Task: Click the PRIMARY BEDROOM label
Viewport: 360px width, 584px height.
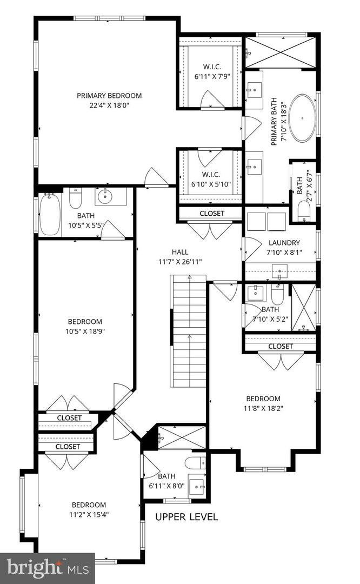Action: (x=109, y=96)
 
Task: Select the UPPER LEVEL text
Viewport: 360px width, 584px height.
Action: (x=186, y=517)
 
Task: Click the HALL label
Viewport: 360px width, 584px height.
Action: (x=180, y=251)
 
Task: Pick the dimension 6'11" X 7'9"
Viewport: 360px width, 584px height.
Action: (x=211, y=76)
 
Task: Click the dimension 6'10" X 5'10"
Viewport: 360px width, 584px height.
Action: (x=211, y=184)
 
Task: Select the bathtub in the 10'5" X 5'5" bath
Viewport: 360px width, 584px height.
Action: (x=49, y=215)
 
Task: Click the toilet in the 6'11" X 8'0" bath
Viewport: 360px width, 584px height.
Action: (x=195, y=463)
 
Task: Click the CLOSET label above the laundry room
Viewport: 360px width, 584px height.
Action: (x=211, y=214)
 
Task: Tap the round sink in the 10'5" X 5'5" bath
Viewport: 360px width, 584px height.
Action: (x=104, y=197)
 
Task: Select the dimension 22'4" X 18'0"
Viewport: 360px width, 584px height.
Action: (x=109, y=105)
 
